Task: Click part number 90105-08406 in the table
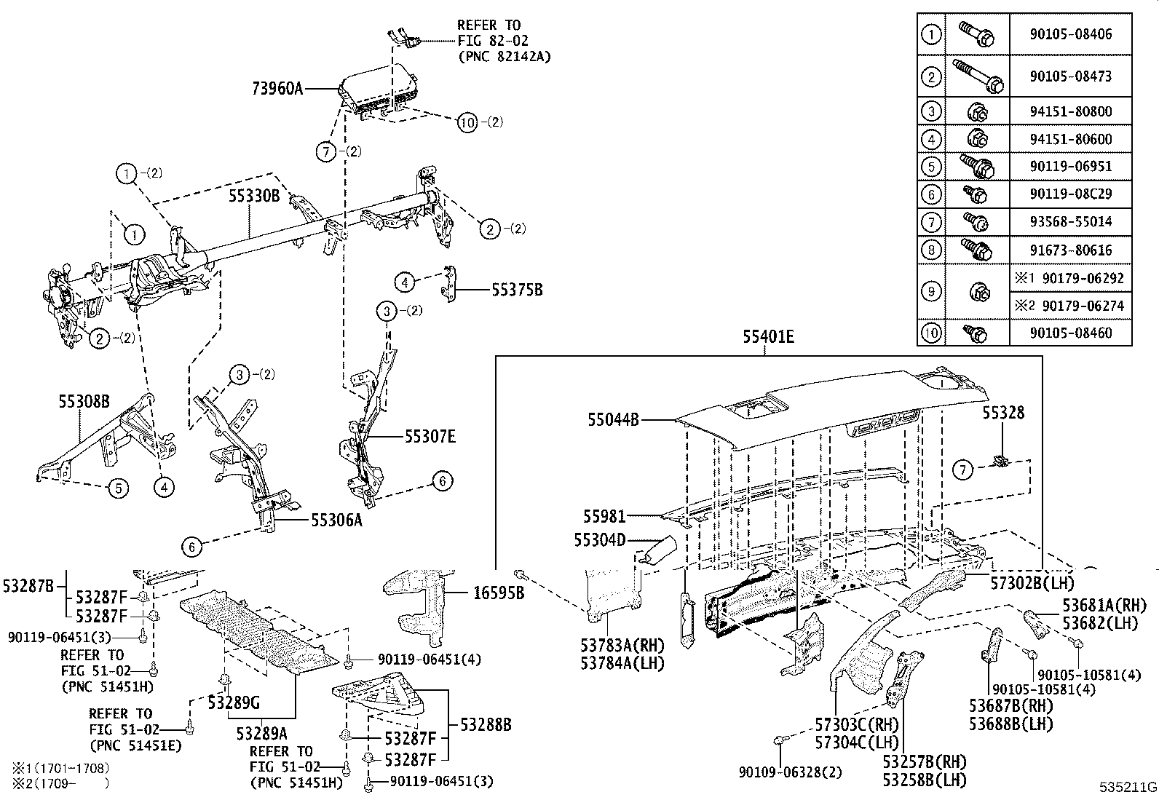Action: point(1071,34)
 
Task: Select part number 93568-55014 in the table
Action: point(1071,222)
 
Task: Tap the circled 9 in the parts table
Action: point(931,292)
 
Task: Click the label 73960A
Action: point(277,89)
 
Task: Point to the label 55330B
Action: point(254,196)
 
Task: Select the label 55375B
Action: point(517,290)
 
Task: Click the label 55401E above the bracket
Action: point(768,337)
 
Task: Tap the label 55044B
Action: point(614,420)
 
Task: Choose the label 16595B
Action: point(498,593)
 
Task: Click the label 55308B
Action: point(84,401)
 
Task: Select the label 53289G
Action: point(233,702)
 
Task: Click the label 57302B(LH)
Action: point(1032,582)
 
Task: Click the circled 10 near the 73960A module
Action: point(467,122)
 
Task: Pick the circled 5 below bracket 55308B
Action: point(119,488)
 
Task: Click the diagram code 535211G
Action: point(1128,787)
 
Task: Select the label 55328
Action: point(1003,413)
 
